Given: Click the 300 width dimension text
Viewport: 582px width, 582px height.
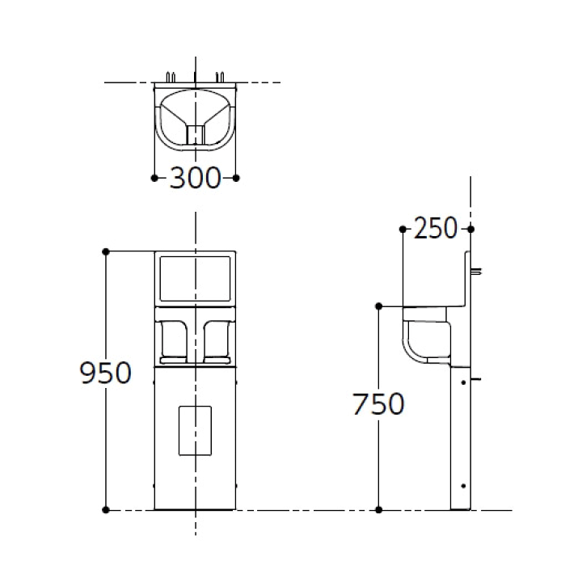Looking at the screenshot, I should [195, 178].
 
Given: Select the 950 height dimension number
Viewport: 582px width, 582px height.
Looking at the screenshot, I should [105, 373].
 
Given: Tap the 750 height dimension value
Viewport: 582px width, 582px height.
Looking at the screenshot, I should [378, 403].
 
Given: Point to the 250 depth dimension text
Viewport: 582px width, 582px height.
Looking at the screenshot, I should [435, 229].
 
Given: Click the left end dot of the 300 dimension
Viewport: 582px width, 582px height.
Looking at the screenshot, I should [154, 178].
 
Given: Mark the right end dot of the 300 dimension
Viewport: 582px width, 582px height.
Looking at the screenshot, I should [235, 178].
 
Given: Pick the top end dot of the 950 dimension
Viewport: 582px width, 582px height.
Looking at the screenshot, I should [106, 251].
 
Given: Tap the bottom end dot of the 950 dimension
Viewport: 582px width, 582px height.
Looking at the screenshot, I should [106, 510].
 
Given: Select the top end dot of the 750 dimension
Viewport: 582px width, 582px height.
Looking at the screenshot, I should [378, 306].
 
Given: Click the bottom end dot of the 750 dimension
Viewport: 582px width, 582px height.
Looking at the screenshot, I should [378, 510].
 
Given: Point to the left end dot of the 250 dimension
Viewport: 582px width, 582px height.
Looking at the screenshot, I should [403, 229].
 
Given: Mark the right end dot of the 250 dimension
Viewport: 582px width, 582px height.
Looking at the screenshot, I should [470, 229].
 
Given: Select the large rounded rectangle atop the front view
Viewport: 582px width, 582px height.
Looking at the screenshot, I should [195, 279].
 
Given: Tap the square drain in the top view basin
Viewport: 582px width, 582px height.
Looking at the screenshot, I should [195, 134].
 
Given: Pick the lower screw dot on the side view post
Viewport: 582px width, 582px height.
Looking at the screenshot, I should [462, 485].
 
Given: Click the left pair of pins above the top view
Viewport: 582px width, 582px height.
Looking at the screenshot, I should [171, 77].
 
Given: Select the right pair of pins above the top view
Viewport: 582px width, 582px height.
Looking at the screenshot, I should [219, 77].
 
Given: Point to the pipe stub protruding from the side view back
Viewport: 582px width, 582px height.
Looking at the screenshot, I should [477, 271].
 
